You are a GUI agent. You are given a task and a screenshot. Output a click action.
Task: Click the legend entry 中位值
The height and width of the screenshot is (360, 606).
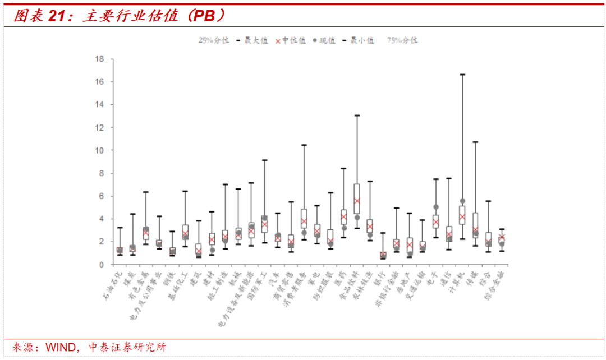[x=290, y=40]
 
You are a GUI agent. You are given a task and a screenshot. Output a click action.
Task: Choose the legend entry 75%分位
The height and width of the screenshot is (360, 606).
[x=402, y=40]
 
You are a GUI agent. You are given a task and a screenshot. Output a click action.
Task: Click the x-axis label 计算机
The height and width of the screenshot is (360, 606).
[x=456, y=279]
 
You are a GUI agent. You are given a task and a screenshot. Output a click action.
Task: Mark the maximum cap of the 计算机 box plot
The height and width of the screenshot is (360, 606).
[x=462, y=74]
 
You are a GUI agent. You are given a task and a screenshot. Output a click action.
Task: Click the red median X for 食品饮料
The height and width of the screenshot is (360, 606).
[x=357, y=201]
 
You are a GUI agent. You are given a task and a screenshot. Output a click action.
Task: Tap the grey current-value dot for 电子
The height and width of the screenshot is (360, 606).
[x=436, y=207]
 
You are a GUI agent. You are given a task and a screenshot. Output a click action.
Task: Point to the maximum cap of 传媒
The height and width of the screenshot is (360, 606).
[x=475, y=142]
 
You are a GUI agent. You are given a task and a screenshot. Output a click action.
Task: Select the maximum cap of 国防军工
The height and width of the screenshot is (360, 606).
[x=264, y=160]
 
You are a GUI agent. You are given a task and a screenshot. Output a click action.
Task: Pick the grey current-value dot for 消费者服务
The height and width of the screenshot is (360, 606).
[x=304, y=233]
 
